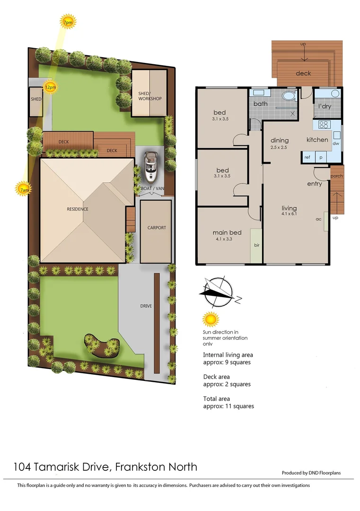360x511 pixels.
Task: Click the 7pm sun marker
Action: pos(68,22)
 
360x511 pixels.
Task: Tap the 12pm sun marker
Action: pos(50,87)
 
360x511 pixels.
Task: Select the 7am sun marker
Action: pos(24,189)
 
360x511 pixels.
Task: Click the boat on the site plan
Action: pos(151,167)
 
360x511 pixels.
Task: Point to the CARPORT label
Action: pos(157,228)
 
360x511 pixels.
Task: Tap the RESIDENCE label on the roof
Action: pos(77,209)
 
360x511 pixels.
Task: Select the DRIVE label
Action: pos(146,306)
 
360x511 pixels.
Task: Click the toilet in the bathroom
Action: pos(288,97)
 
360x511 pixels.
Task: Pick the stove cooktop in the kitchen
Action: pos(324,125)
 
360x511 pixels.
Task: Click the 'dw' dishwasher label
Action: pos(336,143)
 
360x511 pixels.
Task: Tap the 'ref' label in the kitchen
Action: pos(307,157)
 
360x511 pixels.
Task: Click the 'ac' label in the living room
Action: pos(318,220)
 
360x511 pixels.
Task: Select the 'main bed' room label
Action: pos(228,232)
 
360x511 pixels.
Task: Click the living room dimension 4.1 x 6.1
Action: pos(289,214)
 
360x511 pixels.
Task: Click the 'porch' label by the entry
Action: pos(336,176)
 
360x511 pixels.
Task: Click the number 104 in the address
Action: pos(23,467)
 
